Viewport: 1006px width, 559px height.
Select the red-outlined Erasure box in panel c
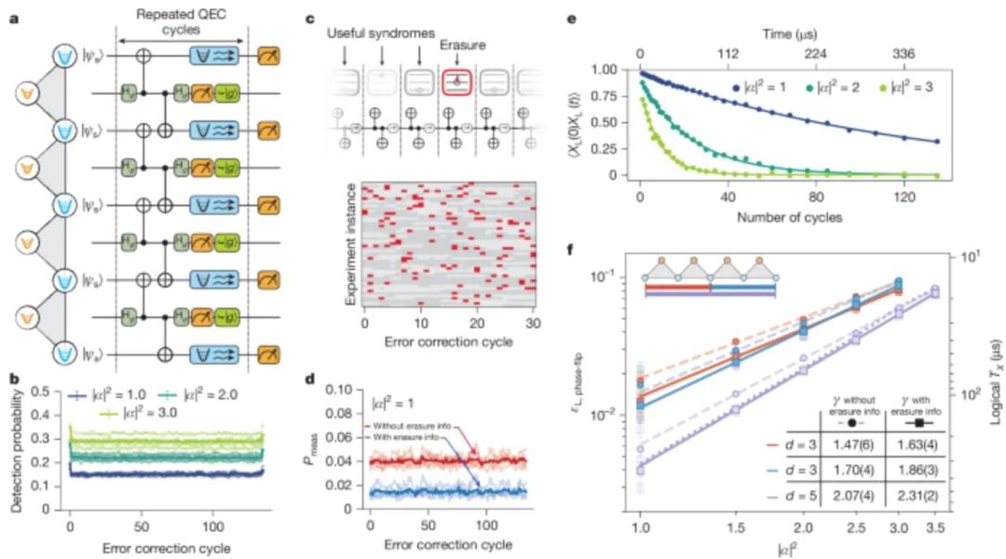click(460, 81)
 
